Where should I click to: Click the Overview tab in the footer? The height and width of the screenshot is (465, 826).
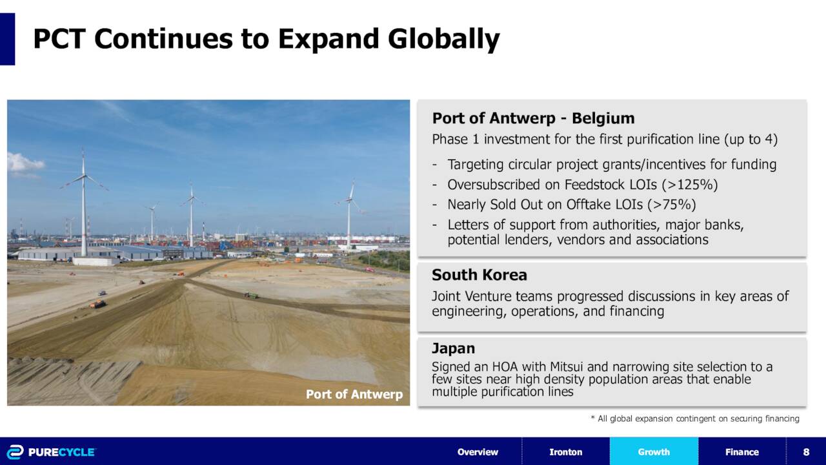478,451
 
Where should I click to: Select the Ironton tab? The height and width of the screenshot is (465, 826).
566,451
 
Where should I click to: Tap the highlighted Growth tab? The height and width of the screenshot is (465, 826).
654,451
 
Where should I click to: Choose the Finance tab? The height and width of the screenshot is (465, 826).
742,451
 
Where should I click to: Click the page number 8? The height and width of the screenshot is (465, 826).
806,451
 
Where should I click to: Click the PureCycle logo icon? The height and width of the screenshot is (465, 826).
15,452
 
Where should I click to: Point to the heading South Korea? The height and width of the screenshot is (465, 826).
479,275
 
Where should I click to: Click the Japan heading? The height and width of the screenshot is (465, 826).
453,349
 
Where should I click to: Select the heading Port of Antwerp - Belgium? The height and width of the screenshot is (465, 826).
533,118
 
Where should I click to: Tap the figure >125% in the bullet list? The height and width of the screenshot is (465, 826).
690,185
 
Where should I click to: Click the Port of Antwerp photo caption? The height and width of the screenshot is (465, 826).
354,394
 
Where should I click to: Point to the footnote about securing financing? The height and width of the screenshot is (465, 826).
695,418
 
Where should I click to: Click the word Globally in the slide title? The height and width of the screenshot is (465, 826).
443,39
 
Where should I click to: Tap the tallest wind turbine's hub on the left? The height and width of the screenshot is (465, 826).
84,176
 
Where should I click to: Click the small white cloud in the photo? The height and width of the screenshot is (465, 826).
25,163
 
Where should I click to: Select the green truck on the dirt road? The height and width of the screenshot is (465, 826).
251,295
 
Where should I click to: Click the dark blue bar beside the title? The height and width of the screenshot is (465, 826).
7,39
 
